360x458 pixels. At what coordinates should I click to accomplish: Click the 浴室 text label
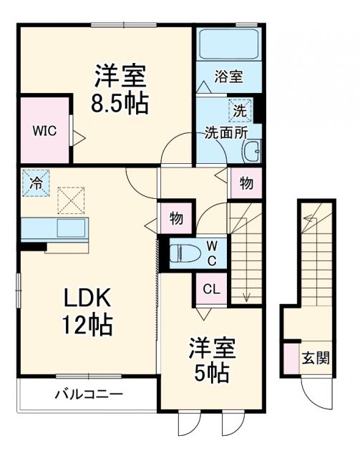(x=228, y=77)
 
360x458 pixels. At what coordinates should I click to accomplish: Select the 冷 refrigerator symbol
(x=34, y=182)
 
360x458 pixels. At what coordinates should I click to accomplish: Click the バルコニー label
(x=89, y=394)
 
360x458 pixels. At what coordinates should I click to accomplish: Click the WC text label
(x=213, y=252)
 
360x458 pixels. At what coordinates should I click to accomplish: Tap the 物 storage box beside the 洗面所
(x=245, y=183)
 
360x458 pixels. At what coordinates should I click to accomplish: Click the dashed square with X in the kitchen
(x=70, y=200)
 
